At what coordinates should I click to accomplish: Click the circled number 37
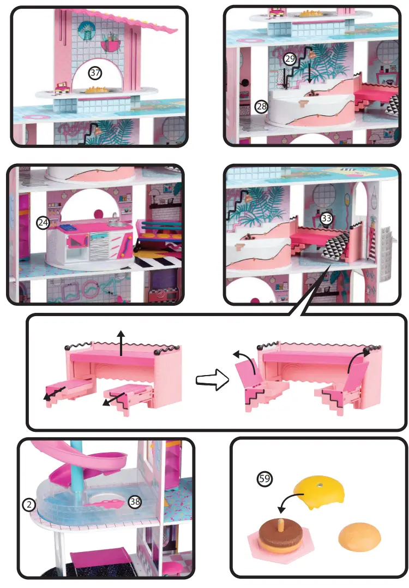95,73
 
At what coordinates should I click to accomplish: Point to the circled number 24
43,222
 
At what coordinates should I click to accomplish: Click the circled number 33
326,218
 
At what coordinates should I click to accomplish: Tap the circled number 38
134,501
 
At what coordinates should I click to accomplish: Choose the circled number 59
264,479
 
